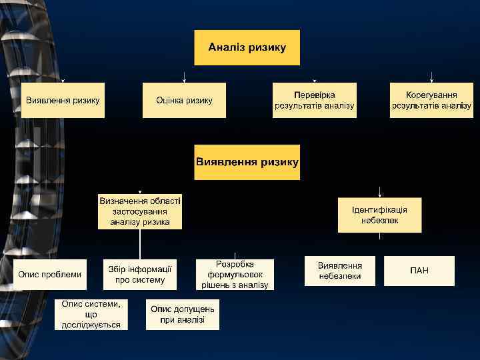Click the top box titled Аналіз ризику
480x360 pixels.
[x=247, y=47]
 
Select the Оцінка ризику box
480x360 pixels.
[x=184, y=100]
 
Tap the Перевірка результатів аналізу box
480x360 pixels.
[x=314, y=100]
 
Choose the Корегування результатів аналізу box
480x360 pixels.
[x=431, y=100]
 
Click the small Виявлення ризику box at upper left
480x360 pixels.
[x=63, y=100]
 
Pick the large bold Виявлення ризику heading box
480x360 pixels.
[x=247, y=162]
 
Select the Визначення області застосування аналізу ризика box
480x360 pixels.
[x=140, y=211]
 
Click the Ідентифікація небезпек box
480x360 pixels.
[x=379, y=214]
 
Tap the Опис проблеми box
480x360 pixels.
[x=50, y=274]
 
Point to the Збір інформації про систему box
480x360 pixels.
[x=140, y=274]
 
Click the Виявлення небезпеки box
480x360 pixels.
[x=339, y=271]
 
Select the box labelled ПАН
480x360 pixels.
[x=419, y=271]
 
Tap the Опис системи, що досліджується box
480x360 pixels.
[x=91, y=313]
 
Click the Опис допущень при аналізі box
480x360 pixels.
[x=183, y=314]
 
